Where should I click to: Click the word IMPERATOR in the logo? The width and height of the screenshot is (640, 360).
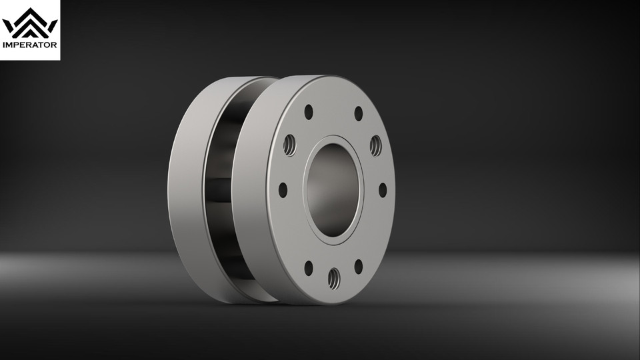[x=30, y=46]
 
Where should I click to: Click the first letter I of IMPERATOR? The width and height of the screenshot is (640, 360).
[x=5, y=46]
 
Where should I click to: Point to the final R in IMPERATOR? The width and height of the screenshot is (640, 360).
[x=55, y=46]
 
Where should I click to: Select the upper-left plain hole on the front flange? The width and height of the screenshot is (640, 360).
[x=308, y=112]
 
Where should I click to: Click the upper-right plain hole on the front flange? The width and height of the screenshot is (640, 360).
[x=358, y=113]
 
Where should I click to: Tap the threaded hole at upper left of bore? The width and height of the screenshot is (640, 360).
[x=290, y=144]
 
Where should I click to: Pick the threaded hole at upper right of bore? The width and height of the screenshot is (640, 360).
[x=375, y=144]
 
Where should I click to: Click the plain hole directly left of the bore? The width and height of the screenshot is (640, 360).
[x=283, y=190]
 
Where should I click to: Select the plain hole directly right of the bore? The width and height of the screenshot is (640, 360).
[x=383, y=190]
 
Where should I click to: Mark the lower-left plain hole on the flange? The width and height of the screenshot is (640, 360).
[x=308, y=268]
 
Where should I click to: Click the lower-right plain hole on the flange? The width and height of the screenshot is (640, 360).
[x=358, y=267]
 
